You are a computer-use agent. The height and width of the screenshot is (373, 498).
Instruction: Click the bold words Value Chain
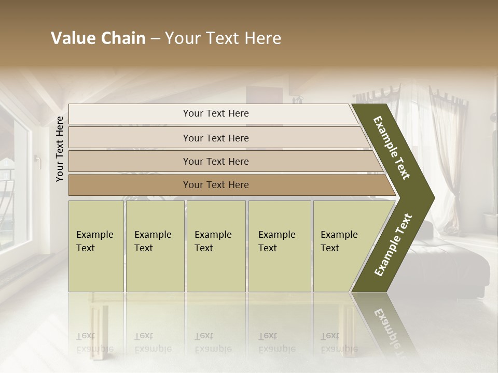point(98,38)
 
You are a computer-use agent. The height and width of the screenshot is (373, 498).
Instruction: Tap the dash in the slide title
point(155,39)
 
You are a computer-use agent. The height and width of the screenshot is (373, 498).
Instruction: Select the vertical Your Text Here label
point(60,149)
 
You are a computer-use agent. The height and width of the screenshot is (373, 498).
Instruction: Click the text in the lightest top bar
point(216,113)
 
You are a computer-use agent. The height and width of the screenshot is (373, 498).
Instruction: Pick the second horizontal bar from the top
point(216,138)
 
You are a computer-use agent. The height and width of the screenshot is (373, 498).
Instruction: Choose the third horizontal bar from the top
point(216,161)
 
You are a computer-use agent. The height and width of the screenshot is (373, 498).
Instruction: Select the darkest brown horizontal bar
point(216,185)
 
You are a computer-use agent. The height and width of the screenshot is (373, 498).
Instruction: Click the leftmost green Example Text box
point(96,246)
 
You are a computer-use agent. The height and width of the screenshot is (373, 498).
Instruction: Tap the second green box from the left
point(155,246)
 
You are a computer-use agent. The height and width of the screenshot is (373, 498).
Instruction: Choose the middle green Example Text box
point(215,246)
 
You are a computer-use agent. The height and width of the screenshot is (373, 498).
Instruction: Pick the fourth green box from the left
point(279,246)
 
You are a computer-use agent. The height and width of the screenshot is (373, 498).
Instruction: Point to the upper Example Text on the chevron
point(392,148)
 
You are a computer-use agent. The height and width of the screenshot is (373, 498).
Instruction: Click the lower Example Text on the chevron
point(393,245)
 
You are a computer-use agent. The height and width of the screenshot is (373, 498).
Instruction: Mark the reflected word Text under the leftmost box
point(86,336)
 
